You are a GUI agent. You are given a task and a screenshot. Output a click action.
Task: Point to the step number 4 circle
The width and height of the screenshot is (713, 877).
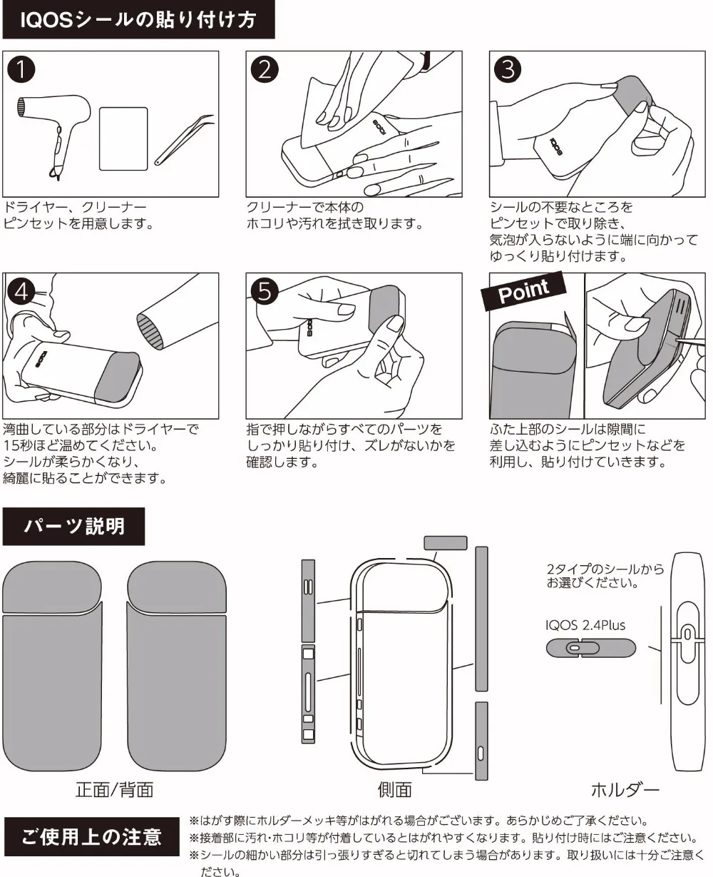23,292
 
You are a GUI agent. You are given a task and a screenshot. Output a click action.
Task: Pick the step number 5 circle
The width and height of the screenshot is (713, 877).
265,292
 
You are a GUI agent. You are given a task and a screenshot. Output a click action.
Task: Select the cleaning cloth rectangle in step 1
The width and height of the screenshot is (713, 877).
123,139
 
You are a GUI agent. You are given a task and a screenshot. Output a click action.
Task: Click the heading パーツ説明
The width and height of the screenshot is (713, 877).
74,527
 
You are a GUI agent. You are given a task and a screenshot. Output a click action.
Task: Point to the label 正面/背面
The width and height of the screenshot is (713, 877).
114,790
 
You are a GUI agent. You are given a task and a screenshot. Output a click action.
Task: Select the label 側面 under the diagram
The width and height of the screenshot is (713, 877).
394,790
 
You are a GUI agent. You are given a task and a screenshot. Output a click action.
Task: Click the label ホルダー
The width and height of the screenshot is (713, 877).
625,790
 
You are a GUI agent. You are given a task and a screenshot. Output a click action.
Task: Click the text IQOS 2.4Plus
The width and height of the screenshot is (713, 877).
585,626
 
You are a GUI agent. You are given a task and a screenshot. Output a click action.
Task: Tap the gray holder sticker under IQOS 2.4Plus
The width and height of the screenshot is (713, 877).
590,648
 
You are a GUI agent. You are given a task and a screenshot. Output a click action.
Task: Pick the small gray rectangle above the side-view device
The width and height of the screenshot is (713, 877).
446,543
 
